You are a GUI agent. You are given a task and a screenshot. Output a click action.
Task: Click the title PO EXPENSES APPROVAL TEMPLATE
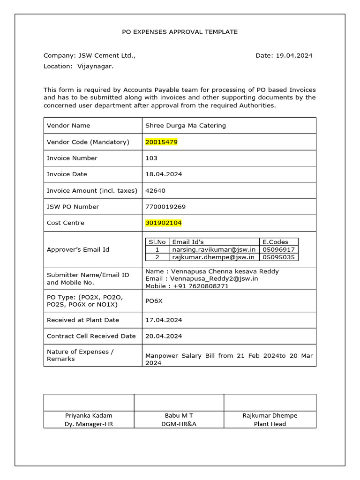pyautogui.click(x=180, y=32)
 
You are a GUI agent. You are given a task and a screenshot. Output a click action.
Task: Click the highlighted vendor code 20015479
pyautogui.click(x=161, y=142)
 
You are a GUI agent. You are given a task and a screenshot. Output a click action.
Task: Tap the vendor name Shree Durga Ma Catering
pyautogui.click(x=185, y=126)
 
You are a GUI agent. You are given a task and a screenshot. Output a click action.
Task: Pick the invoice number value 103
pyautogui.click(x=151, y=158)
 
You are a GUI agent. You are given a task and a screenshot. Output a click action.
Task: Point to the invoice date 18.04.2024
pyautogui.click(x=164, y=174)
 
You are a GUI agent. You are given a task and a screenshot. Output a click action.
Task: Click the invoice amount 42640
pyautogui.click(x=155, y=190)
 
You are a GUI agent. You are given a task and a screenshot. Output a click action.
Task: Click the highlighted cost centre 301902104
pyautogui.click(x=164, y=223)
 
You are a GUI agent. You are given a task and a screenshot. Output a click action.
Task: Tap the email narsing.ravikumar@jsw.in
pyautogui.click(x=213, y=249)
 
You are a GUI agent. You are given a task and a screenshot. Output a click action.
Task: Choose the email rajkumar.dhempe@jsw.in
pyautogui.click(x=213, y=257)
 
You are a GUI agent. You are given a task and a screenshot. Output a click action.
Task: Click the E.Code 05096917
pyautogui.click(x=278, y=249)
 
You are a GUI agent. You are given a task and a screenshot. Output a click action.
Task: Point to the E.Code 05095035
pyautogui.click(x=278, y=257)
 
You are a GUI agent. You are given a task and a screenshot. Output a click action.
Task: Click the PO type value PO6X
pyautogui.click(x=154, y=300)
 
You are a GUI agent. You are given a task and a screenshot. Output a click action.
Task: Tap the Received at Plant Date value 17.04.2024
pyautogui.click(x=164, y=320)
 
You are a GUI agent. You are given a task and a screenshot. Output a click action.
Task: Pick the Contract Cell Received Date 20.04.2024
pyautogui.click(x=164, y=336)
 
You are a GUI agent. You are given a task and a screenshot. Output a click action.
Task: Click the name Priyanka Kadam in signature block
pyautogui.click(x=89, y=415)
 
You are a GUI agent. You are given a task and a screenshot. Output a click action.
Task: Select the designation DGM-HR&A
pyautogui.click(x=179, y=424)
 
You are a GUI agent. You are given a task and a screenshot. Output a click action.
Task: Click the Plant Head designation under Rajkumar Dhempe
pyautogui.click(x=270, y=424)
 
